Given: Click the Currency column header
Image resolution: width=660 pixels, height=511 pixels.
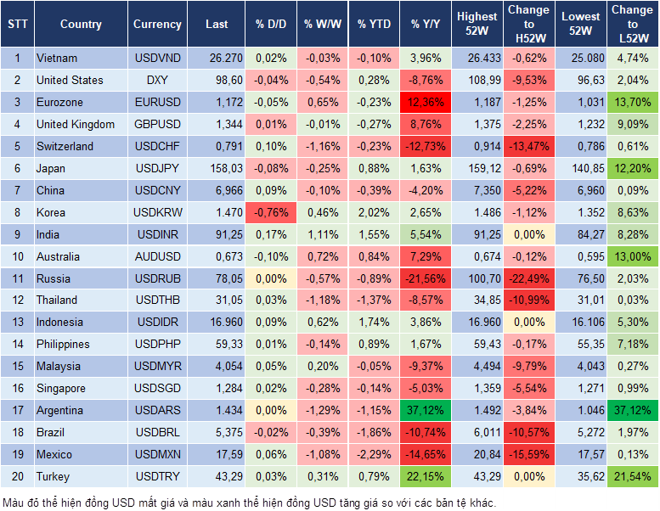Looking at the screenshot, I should [157, 25].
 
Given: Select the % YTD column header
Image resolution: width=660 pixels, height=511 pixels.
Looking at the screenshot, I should [374, 25].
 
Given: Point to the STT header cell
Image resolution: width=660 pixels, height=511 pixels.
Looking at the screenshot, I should [17, 25].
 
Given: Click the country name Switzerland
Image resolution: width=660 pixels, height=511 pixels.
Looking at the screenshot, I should [65, 146].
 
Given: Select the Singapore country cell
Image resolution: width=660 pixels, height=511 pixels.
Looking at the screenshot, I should [60, 388].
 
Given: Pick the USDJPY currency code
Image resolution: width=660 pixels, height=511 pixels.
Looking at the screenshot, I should [157, 168].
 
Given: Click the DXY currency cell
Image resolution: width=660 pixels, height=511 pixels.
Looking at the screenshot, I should [157, 80].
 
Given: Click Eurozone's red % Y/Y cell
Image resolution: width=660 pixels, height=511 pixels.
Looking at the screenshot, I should [426, 102].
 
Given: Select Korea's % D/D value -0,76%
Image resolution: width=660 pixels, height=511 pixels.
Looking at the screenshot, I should [271, 212].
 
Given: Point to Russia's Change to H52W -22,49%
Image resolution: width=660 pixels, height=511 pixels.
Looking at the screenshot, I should [529, 278].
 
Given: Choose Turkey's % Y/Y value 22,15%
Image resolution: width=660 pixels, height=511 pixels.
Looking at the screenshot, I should [426, 476].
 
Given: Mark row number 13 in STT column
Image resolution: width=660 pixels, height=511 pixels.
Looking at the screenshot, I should [17, 322].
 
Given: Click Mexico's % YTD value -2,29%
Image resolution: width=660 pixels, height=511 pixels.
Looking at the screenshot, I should [374, 454].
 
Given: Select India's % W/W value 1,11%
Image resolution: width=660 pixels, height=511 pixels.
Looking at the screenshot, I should [322, 234].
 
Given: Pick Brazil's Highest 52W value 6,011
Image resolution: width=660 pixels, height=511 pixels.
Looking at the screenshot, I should [477, 432].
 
